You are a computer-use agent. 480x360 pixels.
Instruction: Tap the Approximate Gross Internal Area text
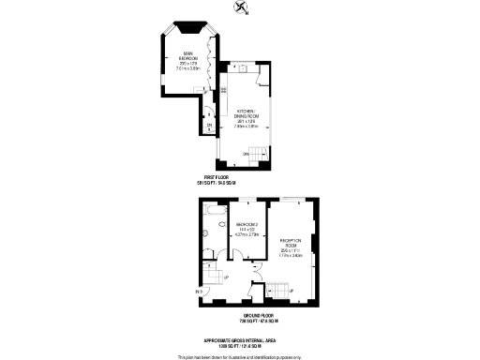[239, 340]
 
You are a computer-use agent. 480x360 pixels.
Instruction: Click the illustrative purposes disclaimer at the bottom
[239, 357]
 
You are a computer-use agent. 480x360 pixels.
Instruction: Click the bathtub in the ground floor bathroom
[214, 223]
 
